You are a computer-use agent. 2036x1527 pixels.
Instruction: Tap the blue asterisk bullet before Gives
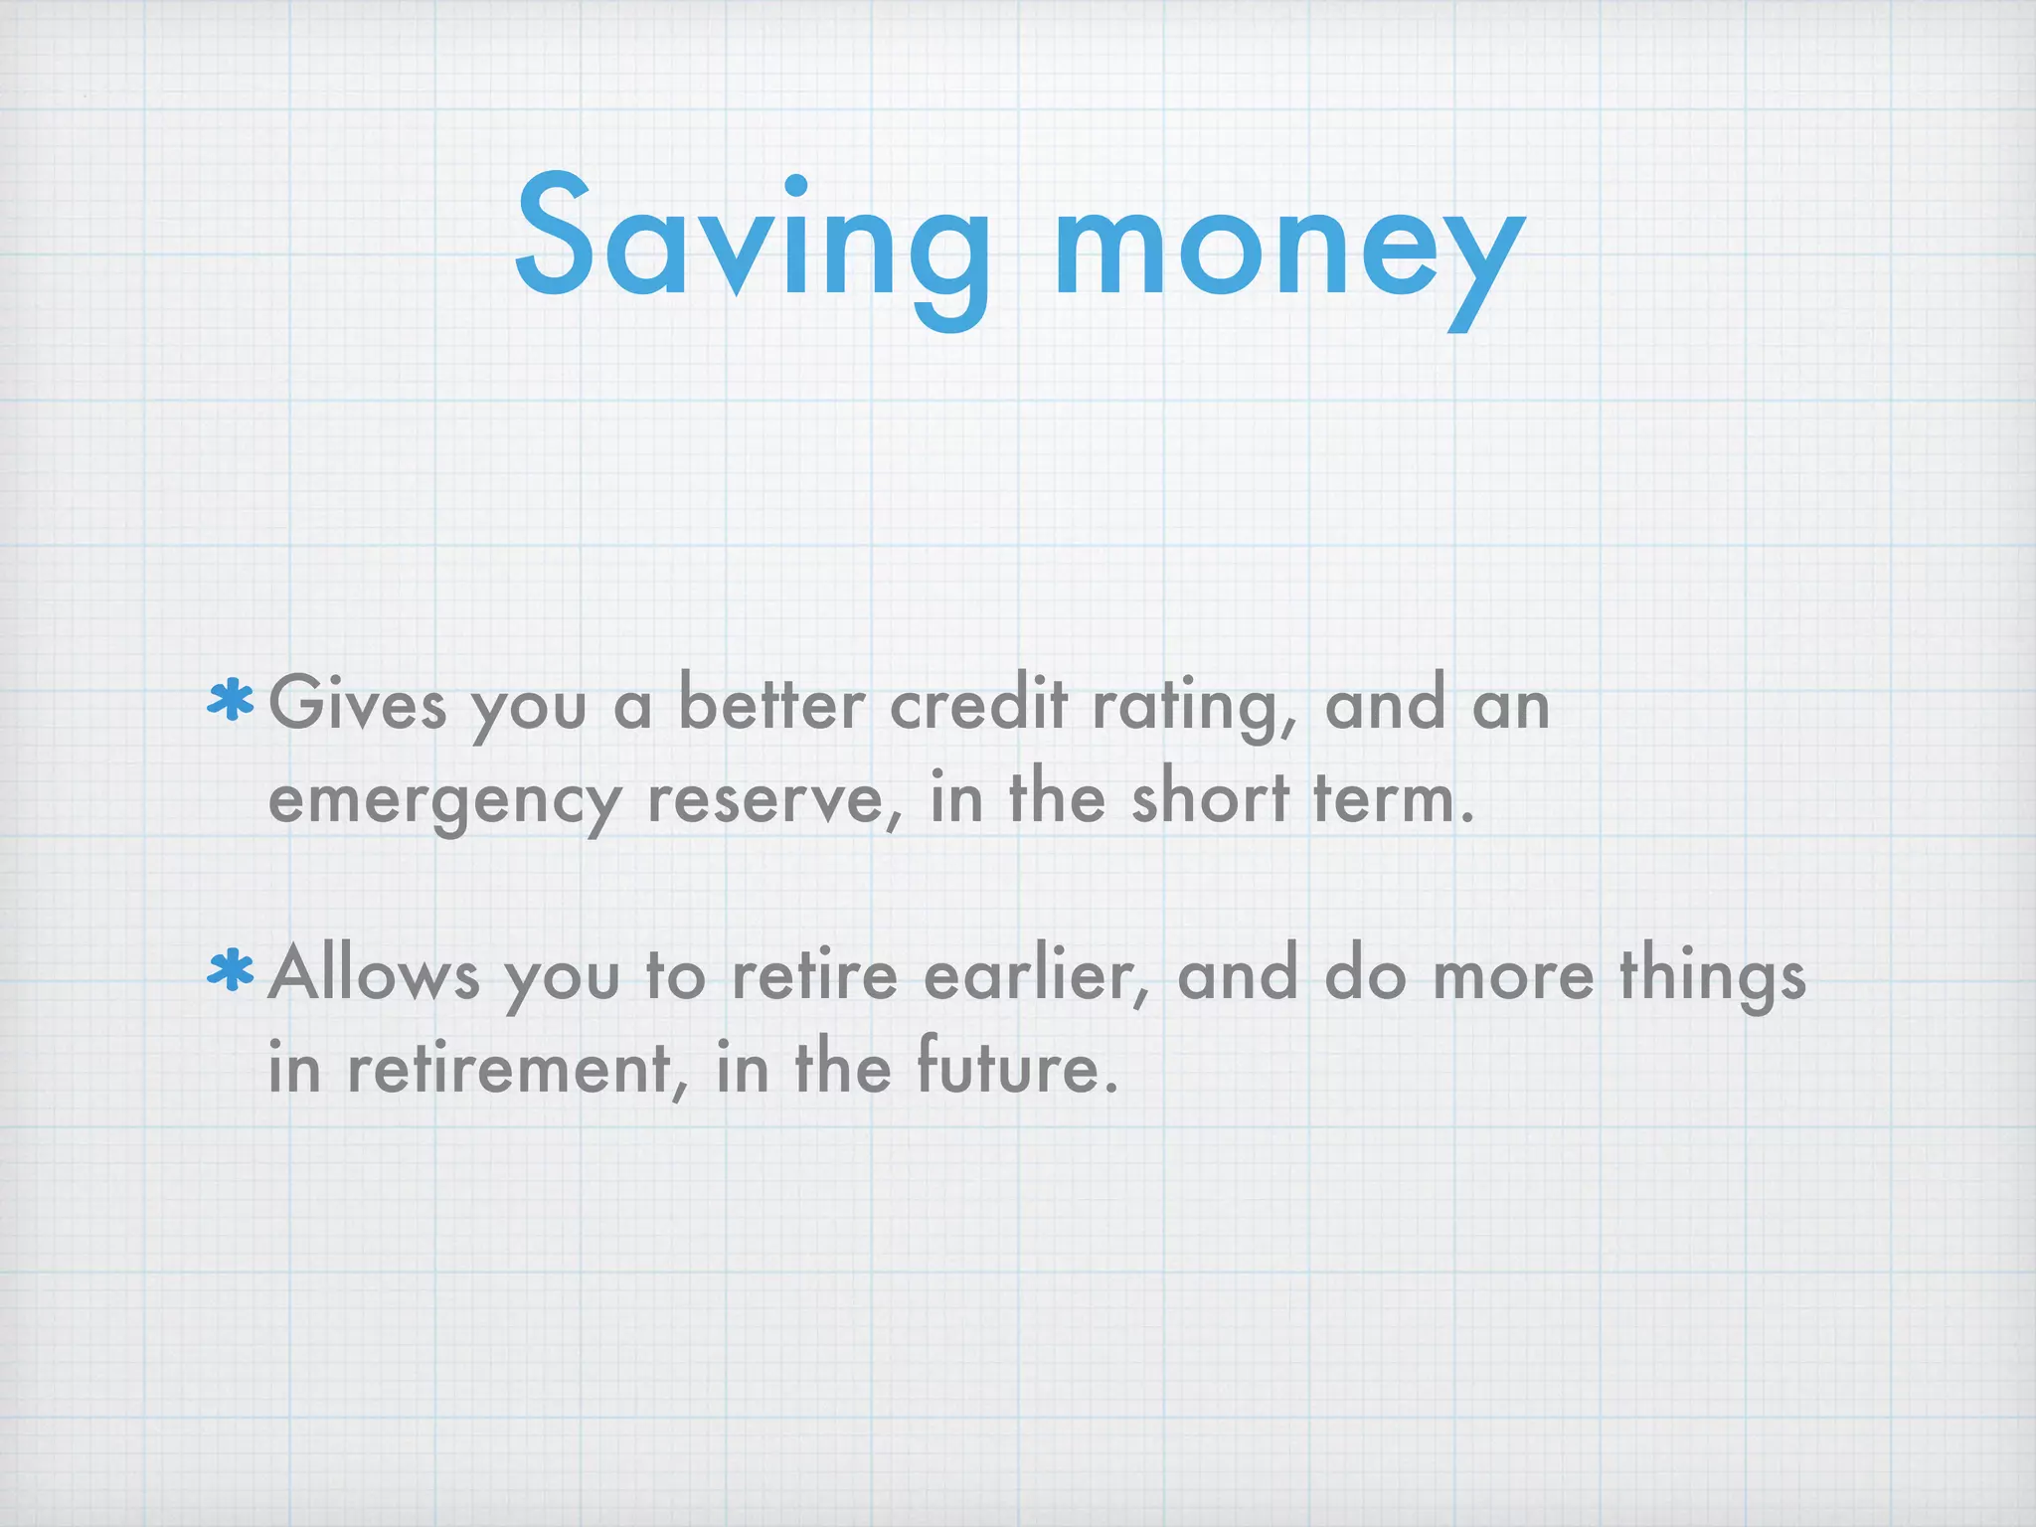click(x=231, y=701)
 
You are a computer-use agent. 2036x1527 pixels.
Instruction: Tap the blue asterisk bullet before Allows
click(x=231, y=972)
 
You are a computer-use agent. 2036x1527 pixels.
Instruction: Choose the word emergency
click(x=445, y=801)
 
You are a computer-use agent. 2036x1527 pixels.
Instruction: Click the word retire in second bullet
click(x=814, y=974)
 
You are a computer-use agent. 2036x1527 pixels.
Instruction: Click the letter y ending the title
click(x=1485, y=263)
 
